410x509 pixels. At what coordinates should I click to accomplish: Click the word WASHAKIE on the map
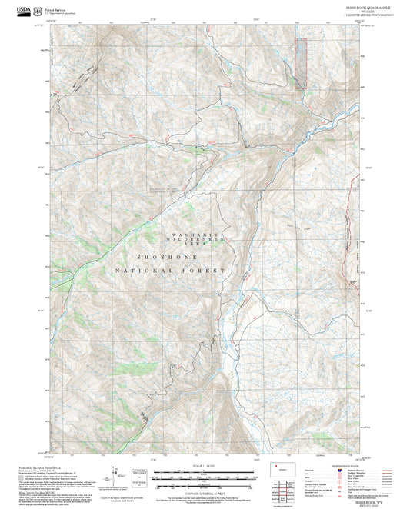click(x=191, y=233)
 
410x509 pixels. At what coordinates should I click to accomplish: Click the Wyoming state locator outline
click(x=278, y=467)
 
